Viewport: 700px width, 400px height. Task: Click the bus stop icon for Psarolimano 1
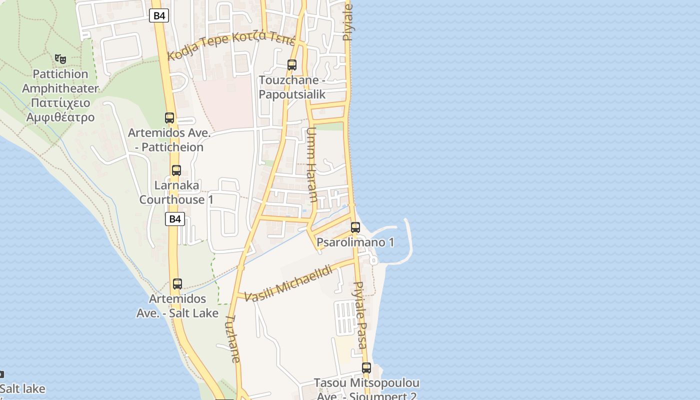[355, 227]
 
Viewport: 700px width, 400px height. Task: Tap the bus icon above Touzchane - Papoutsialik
[292, 65]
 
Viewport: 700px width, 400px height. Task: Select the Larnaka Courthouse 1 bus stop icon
[176, 170]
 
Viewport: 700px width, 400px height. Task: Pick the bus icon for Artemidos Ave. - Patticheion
[169, 118]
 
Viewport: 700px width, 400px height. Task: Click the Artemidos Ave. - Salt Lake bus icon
[177, 284]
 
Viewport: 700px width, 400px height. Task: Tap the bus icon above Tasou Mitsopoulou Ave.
[366, 368]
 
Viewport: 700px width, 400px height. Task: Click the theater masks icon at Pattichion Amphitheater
[60, 58]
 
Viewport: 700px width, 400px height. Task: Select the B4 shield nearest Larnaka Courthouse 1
[175, 218]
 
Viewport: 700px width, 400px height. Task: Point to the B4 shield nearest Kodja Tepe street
[159, 15]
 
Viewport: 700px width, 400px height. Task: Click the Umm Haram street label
[311, 164]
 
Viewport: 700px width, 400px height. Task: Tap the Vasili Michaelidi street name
[289, 283]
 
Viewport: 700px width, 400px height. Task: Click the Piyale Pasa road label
[360, 315]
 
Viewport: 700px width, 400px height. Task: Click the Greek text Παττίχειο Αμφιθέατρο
[60, 110]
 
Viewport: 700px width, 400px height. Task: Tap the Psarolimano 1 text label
[355, 242]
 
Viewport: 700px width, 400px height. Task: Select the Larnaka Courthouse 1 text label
[176, 192]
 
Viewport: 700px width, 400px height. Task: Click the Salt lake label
[22, 388]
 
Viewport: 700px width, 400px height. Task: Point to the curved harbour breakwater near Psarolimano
[407, 240]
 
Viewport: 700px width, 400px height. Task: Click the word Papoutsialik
[292, 94]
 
